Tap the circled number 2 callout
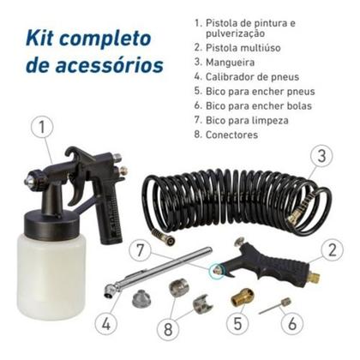point(333,249)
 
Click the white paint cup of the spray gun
point(51,274)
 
